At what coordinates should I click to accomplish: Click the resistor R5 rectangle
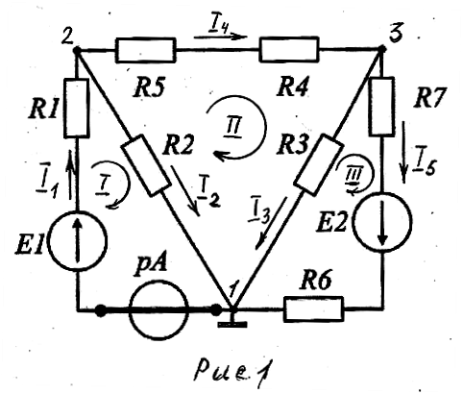point(146,50)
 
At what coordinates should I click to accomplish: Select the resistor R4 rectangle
point(289,49)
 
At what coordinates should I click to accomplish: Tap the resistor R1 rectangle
point(77,109)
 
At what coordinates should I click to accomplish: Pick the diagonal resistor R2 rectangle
point(145,165)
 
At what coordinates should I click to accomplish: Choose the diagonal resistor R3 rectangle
point(318,164)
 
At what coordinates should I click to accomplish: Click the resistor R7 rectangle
point(382,107)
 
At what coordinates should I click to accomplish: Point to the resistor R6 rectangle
point(313,308)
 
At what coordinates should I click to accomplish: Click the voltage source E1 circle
point(77,241)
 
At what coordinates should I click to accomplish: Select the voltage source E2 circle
point(382,222)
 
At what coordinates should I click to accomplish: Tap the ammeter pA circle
point(158,309)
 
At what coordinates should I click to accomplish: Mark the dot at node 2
point(76,50)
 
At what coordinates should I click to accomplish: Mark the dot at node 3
point(381,49)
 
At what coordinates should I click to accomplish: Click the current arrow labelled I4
point(220,37)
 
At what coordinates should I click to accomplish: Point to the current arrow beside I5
point(403,152)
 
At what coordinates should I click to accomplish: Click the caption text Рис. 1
point(234,371)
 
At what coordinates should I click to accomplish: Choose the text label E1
point(30,244)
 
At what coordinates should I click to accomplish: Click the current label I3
point(259,213)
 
